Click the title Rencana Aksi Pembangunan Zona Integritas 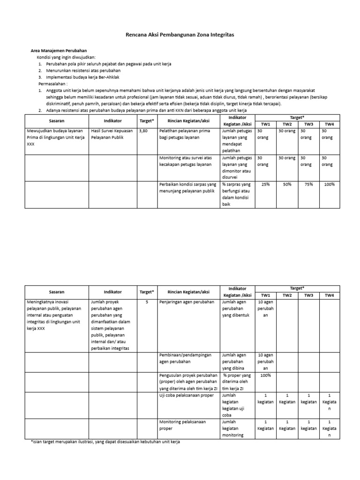[180, 35]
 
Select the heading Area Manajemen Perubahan [55, 51]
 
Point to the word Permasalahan [53, 83]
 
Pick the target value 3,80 [143, 131]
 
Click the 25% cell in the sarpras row [266, 184]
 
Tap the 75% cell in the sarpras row [308, 184]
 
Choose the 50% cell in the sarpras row [287, 184]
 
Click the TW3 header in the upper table [308, 124]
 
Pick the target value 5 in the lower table [146, 302]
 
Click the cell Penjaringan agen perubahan [187, 302]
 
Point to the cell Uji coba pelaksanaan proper [187, 396]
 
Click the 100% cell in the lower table [266, 375]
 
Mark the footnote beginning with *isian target [102, 442]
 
